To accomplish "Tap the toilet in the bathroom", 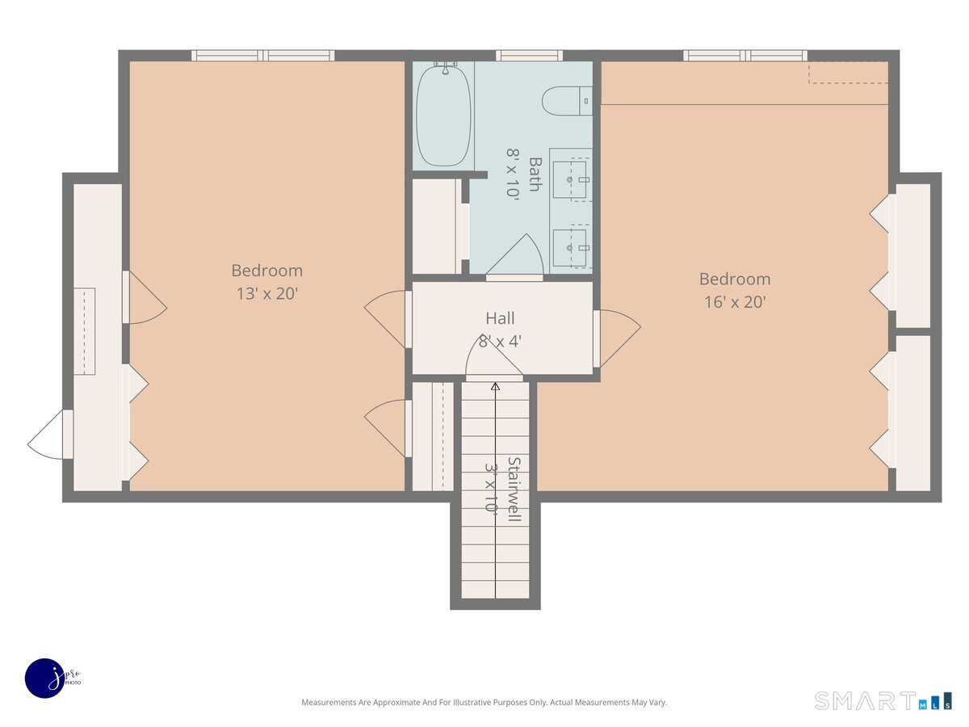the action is point(566,101).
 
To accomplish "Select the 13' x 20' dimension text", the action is point(267,293).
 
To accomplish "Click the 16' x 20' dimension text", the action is point(735,302).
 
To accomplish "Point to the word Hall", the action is point(500,317).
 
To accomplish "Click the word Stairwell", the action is point(514,489).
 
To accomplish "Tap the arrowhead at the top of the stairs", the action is point(495,387).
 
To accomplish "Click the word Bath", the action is point(535,174).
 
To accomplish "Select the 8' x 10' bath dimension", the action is point(512,174).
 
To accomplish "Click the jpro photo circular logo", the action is point(45,679).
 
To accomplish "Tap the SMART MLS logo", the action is point(883,701).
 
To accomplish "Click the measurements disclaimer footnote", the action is point(484,702).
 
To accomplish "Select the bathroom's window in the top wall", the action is point(529,56).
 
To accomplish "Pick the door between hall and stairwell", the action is point(494,358).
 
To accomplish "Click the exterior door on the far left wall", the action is point(48,435).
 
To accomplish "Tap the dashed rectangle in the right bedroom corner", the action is point(848,73).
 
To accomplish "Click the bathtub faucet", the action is point(446,68).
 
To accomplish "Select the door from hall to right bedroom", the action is point(617,338).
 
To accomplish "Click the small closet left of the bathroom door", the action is point(436,226).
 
